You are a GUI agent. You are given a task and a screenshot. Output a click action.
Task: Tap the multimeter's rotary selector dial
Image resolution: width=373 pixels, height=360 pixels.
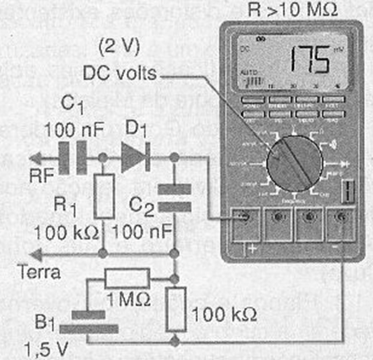[294, 163]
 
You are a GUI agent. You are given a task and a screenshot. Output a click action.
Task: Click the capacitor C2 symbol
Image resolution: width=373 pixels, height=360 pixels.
[174, 197]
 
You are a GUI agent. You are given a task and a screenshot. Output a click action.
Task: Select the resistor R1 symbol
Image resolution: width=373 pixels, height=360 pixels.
[103, 197]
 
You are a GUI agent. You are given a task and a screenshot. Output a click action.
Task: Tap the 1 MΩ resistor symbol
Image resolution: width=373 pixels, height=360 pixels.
[127, 279]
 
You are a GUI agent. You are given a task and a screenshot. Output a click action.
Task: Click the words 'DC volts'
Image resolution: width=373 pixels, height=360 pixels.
[121, 73]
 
